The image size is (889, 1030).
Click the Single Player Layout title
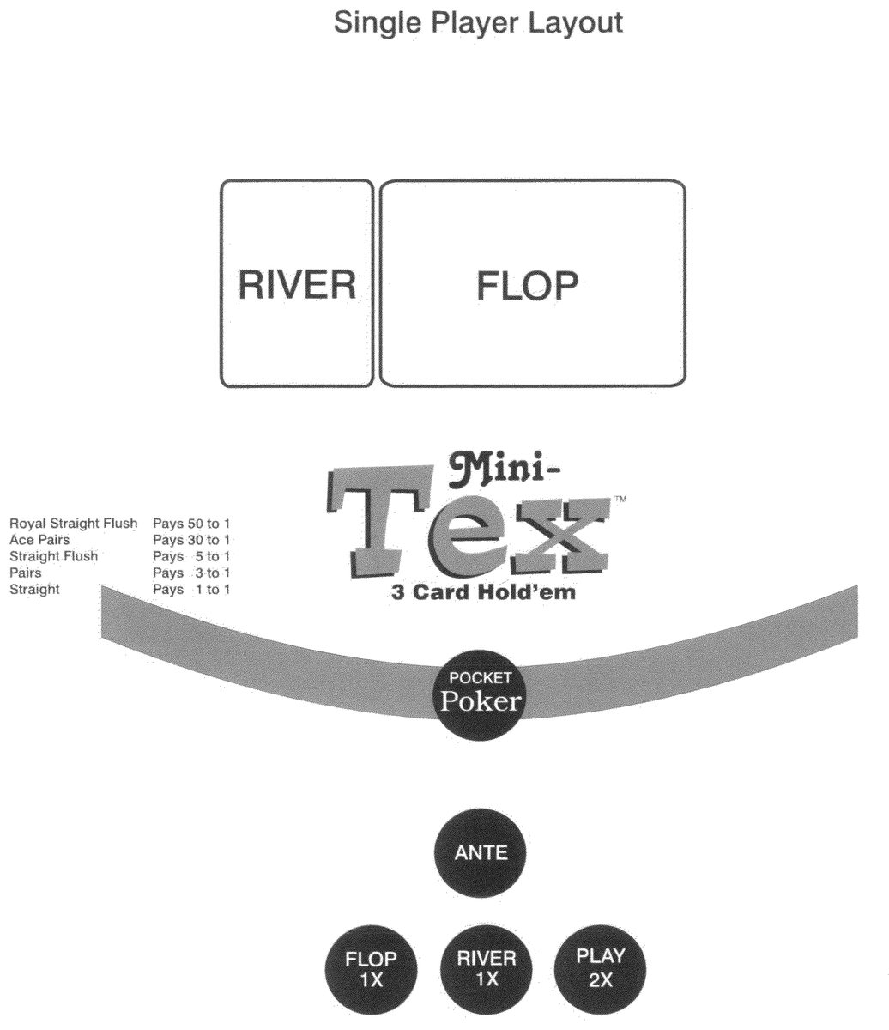tap(478, 23)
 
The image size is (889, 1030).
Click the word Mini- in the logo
tap(504, 470)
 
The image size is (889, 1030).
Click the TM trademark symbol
tap(620, 499)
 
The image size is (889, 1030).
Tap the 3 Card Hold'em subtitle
tap(483, 592)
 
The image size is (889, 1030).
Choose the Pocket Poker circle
tap(480, 694)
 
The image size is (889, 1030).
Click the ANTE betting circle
tap(481, 853)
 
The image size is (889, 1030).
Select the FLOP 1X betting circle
tap(371, 970)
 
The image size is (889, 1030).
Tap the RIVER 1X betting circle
tap(487, 969)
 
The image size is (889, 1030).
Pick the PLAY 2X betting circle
tap(600, 969)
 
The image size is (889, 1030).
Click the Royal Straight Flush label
tap(73, 524)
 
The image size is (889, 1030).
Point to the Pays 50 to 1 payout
tap(191, 524)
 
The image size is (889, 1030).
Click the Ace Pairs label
tap(39, 540)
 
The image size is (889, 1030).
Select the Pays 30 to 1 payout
tap(191, 540)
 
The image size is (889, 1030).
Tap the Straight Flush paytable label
tap(53, 556)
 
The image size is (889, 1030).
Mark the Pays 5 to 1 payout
tap(191, 556)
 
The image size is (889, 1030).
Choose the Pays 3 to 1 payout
tap(191, 573)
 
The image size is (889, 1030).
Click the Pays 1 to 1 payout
tap(191, 589)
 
